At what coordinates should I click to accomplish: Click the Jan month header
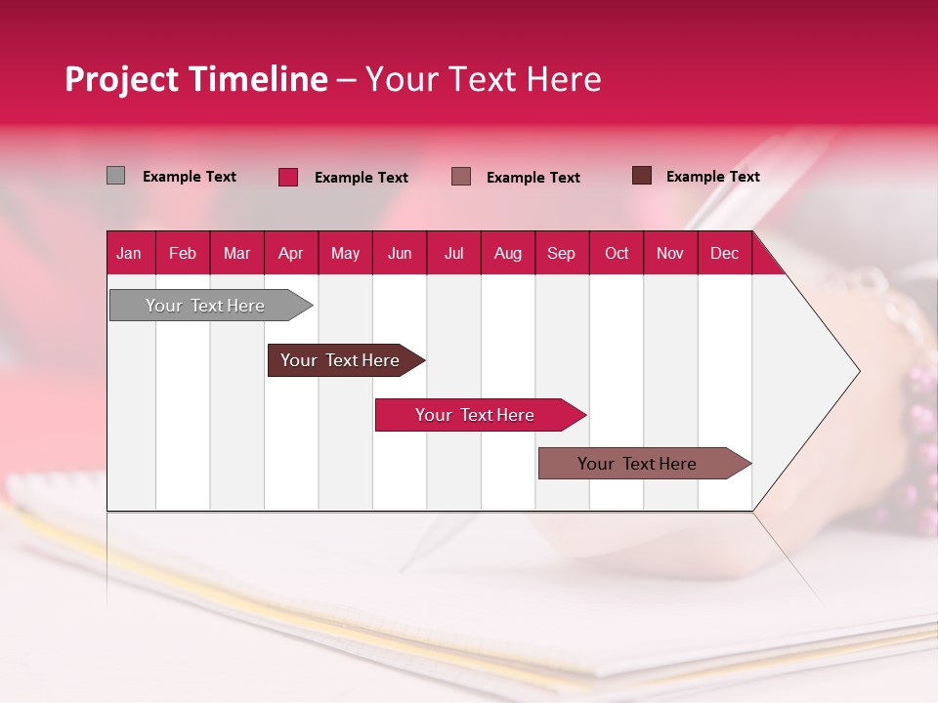pyautogui.click(x=129, y=254)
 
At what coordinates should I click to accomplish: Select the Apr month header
pyautogui.click(x=291, y=254)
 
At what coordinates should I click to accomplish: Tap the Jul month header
pyautogui.click(x=453, y=254)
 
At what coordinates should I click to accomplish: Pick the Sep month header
pyautogui.click(x=561, y=254)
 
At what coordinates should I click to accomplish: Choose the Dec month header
pyautogui.click(x=724, y=254)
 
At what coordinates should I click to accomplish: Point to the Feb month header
pyautogui.click(x=183, y=254)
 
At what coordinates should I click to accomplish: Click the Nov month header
pyautogui.click(x=670, y=254)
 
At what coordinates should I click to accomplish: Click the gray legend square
pyautogui.click(x=115, y=176)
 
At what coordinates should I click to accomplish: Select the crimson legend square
pyautogui.click(x=288, y=177)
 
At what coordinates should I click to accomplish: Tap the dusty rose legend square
pyautogui.click(x=461, y=176)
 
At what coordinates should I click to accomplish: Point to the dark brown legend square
pyautogui.click(x=642, y=176)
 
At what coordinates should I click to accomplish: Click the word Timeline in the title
pyautogui.click(x=258, y=79)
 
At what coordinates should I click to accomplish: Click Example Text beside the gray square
pyautogui.click(x=190, y=177)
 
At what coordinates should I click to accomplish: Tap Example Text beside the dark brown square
pyautogui.click(x=713, y=177)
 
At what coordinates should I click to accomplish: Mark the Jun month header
pyautogui.click(x=400, y=254)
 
